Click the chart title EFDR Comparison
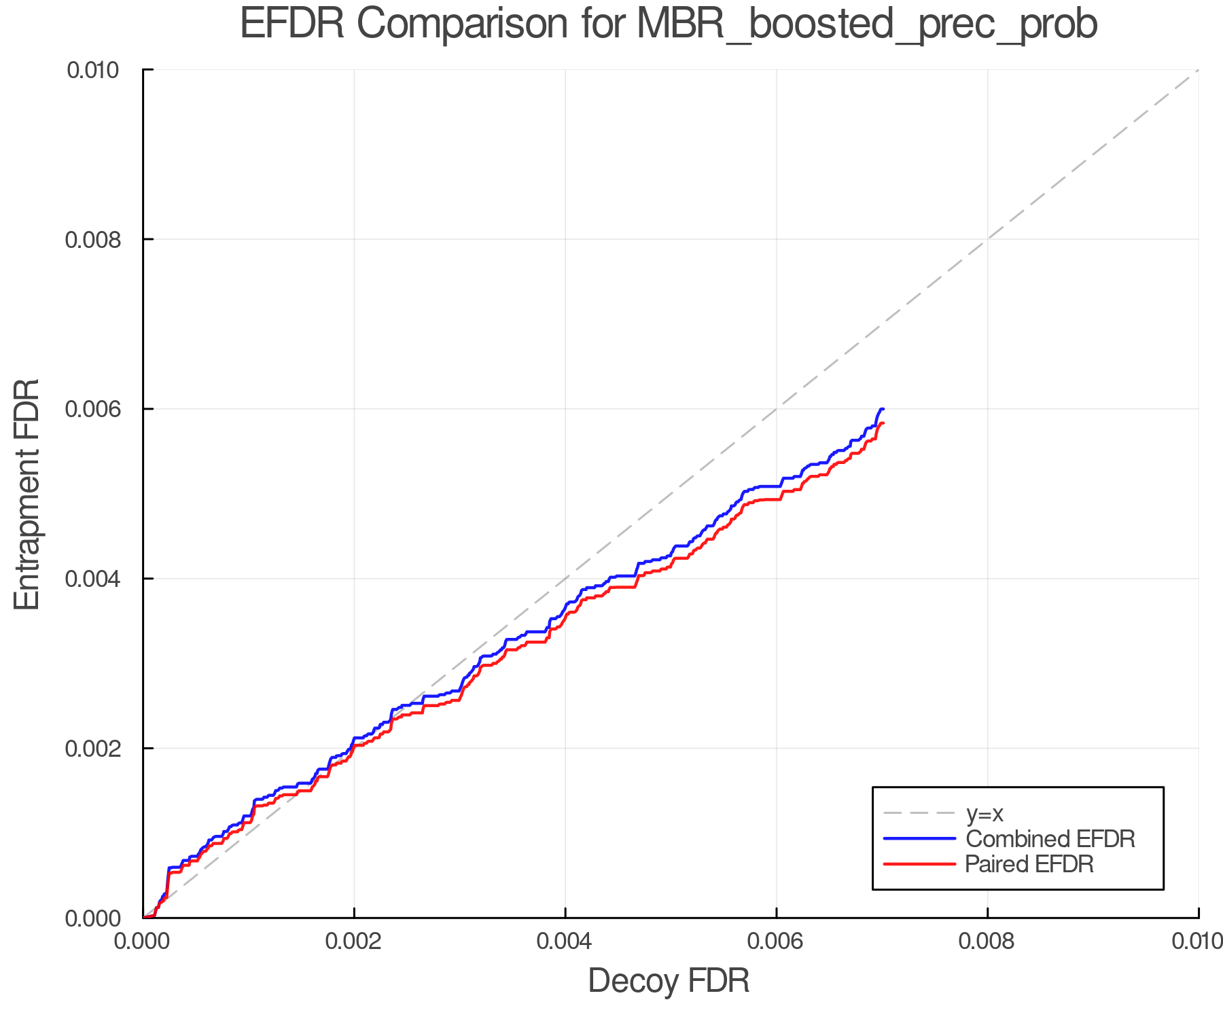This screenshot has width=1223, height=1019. coord(669,24)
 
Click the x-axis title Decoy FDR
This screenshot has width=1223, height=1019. coord(669,981)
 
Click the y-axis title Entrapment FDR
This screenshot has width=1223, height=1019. coord(27,494)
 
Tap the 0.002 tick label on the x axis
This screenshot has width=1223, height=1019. coord(354,942)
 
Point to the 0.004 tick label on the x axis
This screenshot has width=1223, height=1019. coord(565,942)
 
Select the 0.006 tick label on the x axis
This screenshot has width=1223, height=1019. coord(776,942)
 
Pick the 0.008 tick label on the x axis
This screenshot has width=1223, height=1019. coord(987,942)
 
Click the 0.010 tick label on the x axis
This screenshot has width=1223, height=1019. coord(1197,942)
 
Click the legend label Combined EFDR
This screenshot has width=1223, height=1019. coord(1050,839)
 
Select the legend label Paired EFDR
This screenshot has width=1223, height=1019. coord(1029,864)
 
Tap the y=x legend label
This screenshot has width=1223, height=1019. coord(985,813)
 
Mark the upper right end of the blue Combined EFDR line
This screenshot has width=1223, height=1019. coord(883,409)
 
